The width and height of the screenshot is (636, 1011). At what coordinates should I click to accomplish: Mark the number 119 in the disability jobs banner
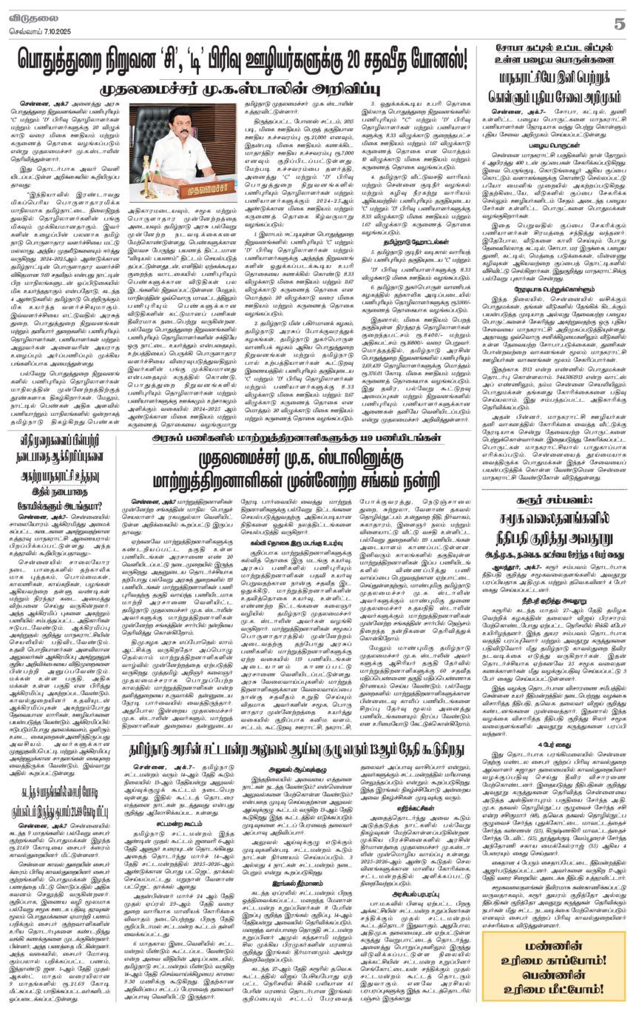[361, 458]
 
